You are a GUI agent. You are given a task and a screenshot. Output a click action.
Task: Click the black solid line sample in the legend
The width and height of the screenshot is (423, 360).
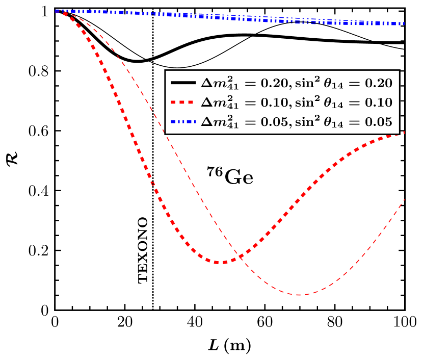pyautogui.click(x=183, y=83)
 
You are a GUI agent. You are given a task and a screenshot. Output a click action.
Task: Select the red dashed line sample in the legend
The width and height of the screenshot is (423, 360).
pyautogui.click(x=183, y=102)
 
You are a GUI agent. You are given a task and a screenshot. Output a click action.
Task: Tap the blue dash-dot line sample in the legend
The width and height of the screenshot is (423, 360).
pyautogui.click(x=183, y=122)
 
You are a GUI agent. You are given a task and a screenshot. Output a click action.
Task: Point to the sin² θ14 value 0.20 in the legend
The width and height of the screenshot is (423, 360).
pyautogui.click(x=378, y=83)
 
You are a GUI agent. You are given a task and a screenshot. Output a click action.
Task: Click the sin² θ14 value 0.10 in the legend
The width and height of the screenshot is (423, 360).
pyautogui.click(x=378, y=103)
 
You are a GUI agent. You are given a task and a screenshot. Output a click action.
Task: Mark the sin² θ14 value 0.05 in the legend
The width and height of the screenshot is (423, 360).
pyautogui.click(x=378, y=122)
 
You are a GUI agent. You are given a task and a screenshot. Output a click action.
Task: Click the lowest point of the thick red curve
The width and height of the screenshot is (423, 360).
pyautogui.click(x=220, y=262)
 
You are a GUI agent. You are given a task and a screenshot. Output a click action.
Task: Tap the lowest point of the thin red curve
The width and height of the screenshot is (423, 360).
pyautogui.click(x=299, y=294)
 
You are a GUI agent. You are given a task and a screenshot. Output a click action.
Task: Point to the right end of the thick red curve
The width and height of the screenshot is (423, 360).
pyautogui.click(x=404, y=133)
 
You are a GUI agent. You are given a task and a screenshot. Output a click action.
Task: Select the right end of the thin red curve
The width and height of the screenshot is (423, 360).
pyautogui.click(x=404, y=199)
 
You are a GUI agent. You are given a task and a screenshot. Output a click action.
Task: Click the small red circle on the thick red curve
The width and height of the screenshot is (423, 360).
pyautogui.click(x=152, y=184)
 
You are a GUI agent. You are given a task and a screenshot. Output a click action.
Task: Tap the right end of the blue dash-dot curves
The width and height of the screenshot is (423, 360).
pyautogui.click(x=404, y=23)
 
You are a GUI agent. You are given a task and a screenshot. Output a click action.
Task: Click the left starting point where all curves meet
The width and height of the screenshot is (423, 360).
pyautogui.click(x=56, y=11)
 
